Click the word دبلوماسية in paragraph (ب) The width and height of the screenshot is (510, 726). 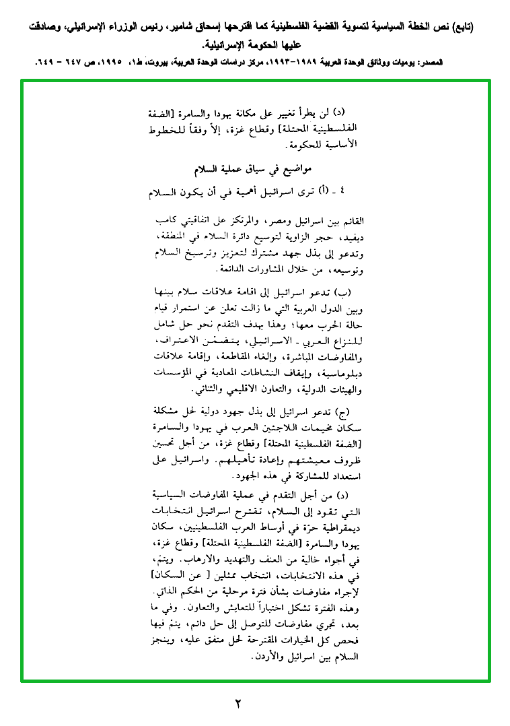point(343,372)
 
